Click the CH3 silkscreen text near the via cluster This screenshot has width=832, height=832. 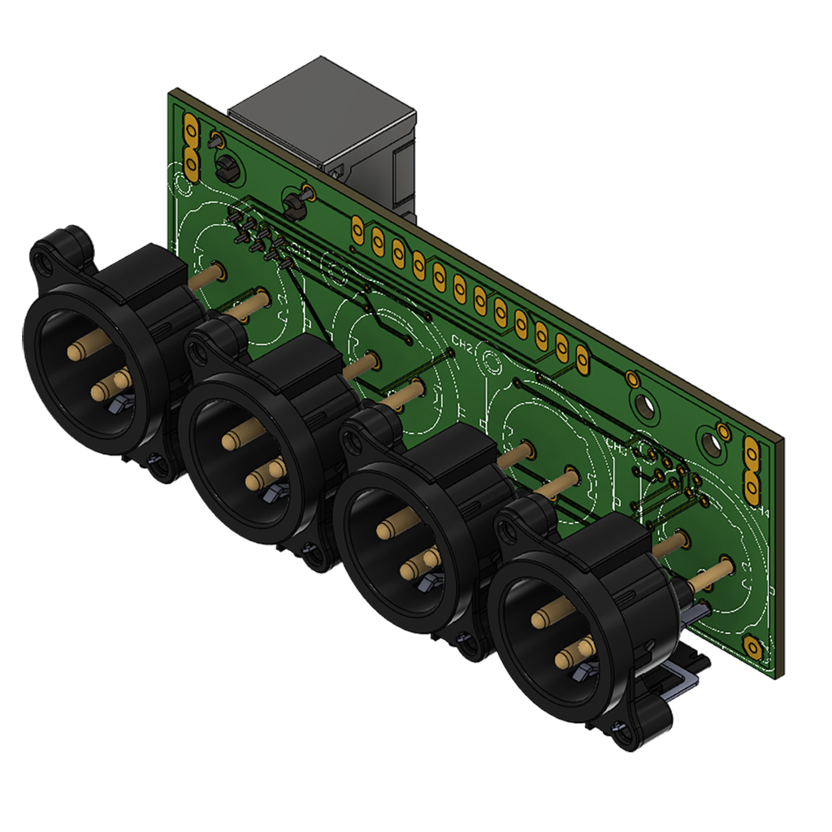pyautogui.click(x=617, y=446)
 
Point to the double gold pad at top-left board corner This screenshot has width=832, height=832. pyautogui.click(x=192, y=146)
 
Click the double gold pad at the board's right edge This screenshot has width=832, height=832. pyautogui.click(x=751, y=471)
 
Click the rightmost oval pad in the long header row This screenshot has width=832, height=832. pyautogui.click(x=582, y=357)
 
